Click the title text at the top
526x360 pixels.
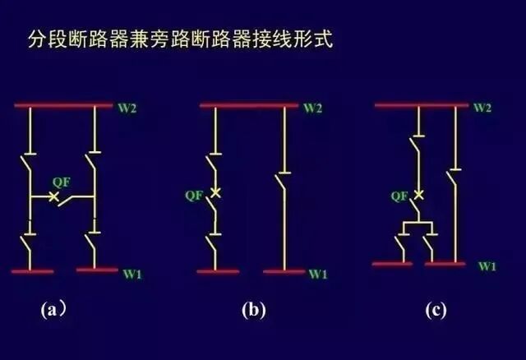[x=180, y=39]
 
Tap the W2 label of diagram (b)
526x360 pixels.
[x=313, y=108]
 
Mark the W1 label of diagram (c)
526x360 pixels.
[x=487, y=266]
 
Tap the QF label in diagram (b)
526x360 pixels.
[x=195, y=195]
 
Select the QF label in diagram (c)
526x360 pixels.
[x=399, y=196]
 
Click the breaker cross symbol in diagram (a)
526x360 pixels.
[x=54, y=197]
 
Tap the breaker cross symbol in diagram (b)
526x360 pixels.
[x=216, y=192]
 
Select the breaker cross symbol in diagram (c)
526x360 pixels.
[x=418, y=195]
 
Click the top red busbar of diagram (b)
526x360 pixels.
[x=250, y=105]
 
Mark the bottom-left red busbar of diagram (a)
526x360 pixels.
[x=33, y=270]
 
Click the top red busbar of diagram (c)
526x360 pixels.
[x=422, y=105]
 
